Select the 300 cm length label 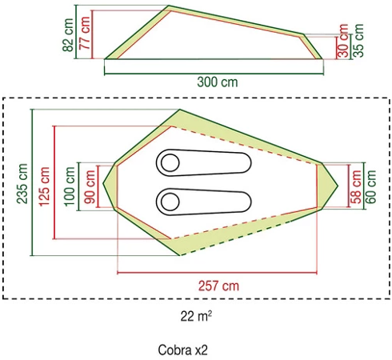tap(217, 82)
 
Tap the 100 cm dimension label tap(71, 187)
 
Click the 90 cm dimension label tap(90, 187)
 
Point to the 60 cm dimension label tap(372, 186)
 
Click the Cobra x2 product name tap(183, 350)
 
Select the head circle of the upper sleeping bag tap(170, 162)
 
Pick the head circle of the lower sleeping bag tap(170, 199)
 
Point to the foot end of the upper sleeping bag tap(245, 162)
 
